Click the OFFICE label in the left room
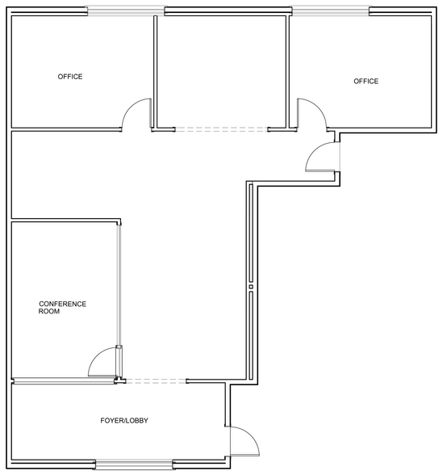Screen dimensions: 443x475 [x=70, y=77]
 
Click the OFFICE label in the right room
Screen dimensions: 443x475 [x=366, y=81]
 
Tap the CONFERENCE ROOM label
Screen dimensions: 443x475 [x=62, y=308]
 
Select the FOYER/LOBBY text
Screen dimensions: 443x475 [x=124, y=420]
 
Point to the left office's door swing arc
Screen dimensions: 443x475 [x=131, y=107]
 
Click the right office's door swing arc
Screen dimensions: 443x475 [x=318, y=107]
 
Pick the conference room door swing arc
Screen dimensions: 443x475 [x=97, y=355]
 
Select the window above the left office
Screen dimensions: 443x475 [x=126, y=11]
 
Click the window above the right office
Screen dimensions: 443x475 [x=331, y=11]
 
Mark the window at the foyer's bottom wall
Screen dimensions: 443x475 [x=134, y=464]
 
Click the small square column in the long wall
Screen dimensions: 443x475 [x=251, y=287]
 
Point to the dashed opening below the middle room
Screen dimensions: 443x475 [x=221, y=129]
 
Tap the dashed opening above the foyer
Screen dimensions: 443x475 [x=157, y=380]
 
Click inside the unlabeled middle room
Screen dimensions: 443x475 [x=221, y=71]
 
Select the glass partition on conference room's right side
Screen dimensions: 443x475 [x=119, y=284]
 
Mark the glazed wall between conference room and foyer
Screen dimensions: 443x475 [x=65, y=380]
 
